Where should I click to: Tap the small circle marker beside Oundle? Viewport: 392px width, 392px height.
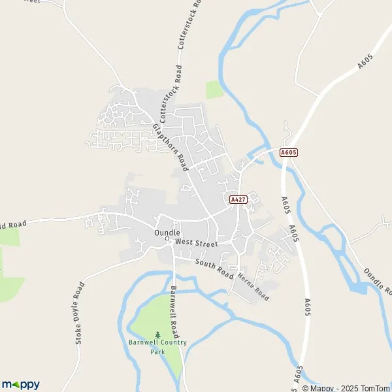(167, 238)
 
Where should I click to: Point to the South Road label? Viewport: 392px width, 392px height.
(214, 269)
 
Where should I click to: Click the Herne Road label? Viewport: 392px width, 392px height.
(252, 286)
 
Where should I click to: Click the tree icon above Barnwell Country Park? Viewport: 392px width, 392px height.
(157, 335)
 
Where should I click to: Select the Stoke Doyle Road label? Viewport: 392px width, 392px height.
(80, 312)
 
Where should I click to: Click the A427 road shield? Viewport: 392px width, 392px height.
(237, 198)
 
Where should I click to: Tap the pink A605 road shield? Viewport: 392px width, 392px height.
(288, 152)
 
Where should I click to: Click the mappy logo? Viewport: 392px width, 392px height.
(21, 384)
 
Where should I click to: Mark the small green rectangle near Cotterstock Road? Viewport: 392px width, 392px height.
(214, 90)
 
